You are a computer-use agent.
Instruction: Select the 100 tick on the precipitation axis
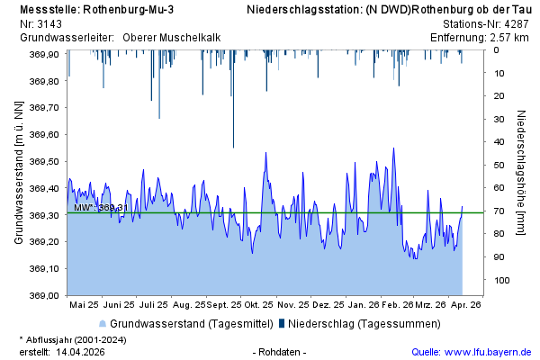[x=502, y=281]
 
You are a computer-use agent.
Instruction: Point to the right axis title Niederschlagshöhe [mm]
[x=522, y=173]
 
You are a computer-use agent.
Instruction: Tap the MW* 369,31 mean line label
[x=98, y=208]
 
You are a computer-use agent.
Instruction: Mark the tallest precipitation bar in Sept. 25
[x=233, y=99]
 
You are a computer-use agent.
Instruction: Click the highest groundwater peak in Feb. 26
[x=393, y=148]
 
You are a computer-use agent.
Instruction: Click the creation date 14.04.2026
[x=79, y=351]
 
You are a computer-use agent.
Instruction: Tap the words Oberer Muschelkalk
[x=172, y=38]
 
